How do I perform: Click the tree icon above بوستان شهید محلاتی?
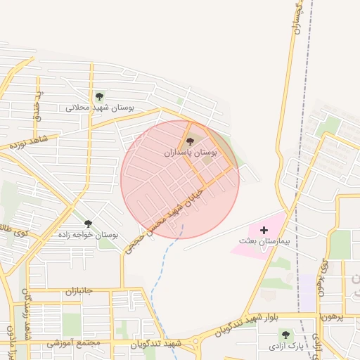[x=98, y=96]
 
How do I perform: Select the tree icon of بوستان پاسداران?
[x=190, y=142]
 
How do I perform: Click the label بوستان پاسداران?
[x=191, y=153]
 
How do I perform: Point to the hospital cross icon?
[x=264, y=230]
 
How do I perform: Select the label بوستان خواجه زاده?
[x=92, y=234]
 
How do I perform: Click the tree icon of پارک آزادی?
[x=285, y=335]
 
